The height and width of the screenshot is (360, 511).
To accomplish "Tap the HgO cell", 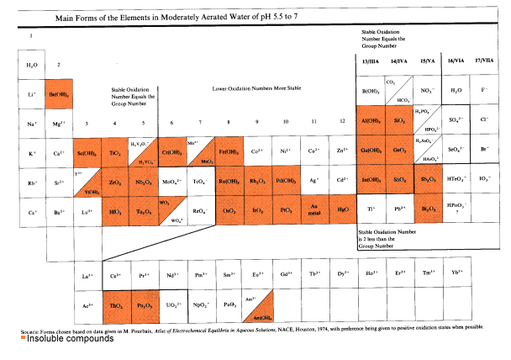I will (341, 209).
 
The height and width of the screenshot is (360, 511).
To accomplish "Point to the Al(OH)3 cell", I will (369, 121).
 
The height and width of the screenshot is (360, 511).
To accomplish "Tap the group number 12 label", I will (341, 122).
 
